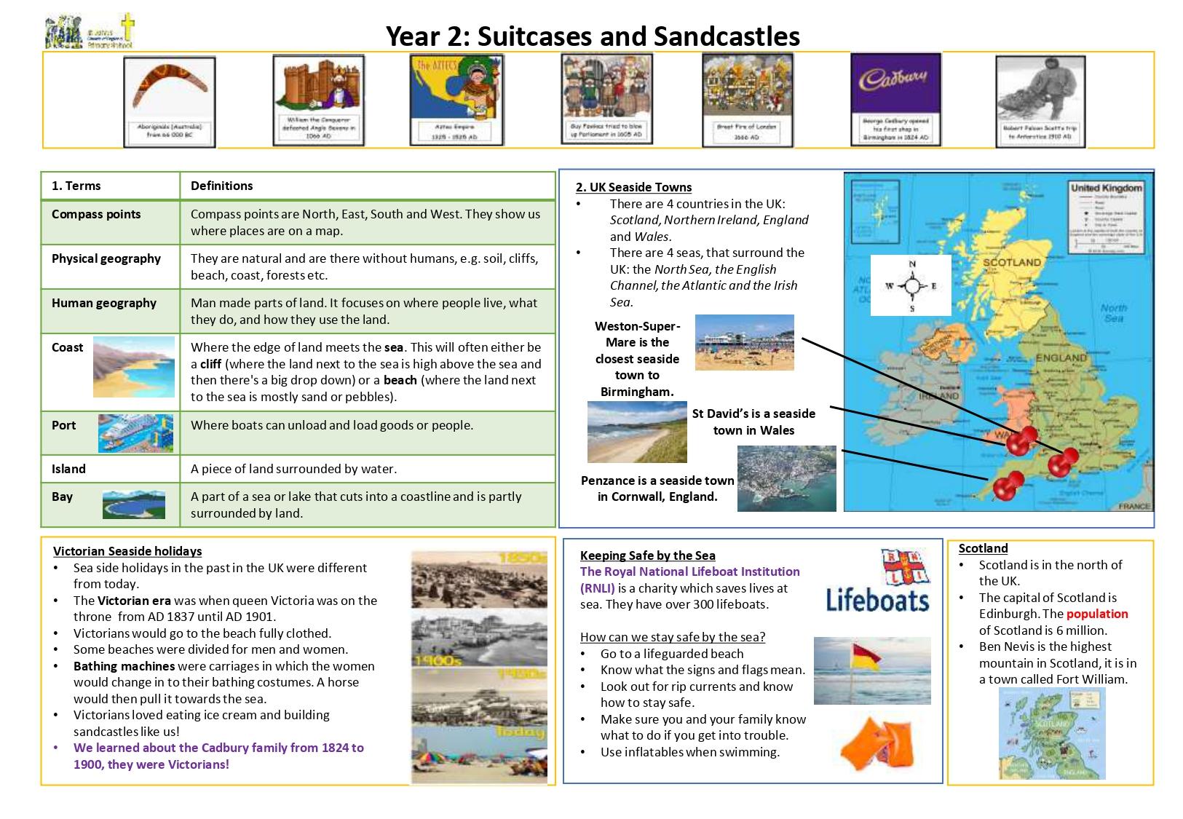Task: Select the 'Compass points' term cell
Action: coord(96,215)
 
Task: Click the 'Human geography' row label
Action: coord(104,303)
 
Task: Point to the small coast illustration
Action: coord(134,366)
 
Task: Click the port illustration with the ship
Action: coord(135,433)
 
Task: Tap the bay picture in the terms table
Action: coord(133,504)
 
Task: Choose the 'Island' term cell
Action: coord(68,469)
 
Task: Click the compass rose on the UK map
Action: coord(911,285)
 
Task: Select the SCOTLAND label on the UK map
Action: coord(1012,262)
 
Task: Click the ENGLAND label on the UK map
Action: coord(1061,357)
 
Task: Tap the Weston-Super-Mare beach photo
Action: coord(744,342)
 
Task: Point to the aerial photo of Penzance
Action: coord(786,478)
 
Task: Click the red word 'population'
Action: coord(1097,614)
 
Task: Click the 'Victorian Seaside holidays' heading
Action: coord(127,551)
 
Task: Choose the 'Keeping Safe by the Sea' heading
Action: coord(647,555)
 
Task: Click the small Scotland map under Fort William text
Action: coord(1051,734)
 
